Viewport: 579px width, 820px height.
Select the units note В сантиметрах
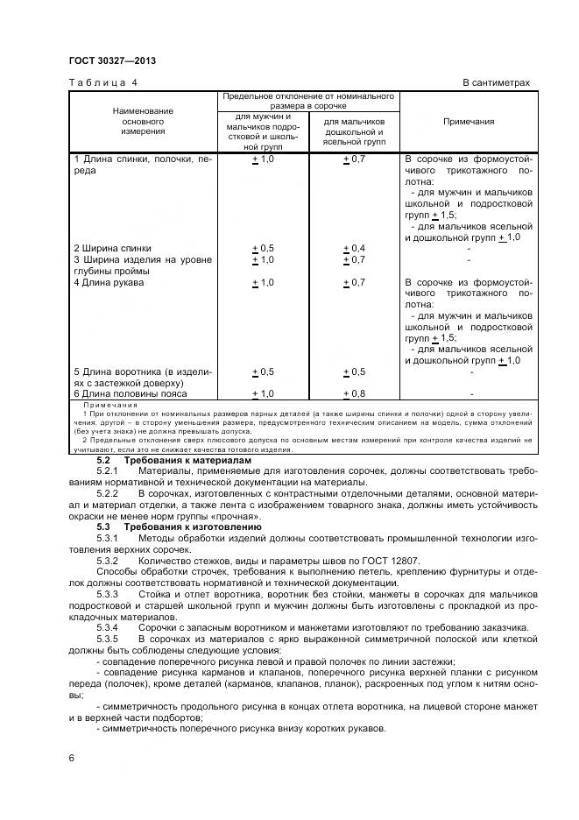496,82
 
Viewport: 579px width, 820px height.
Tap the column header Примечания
469,122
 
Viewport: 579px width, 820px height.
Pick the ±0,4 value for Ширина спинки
355,248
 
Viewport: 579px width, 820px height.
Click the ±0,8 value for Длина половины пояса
355,394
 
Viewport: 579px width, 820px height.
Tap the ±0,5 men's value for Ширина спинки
263,248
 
